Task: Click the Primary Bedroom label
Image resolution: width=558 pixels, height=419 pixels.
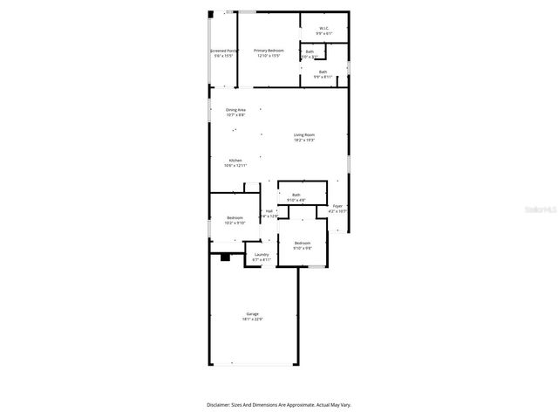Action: (x=269, y=51)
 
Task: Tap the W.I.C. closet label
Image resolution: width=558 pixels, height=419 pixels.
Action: (x=323, y=28)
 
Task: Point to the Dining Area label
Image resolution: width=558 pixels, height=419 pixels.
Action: (x=235, y=110)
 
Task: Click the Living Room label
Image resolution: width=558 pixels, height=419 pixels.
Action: (x=303, y=134)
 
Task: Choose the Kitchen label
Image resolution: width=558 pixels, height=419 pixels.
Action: (x=235, y=161)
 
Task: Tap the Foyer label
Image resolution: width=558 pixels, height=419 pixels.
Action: (x=337, y=206)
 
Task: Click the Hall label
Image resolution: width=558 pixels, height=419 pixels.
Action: (x=269, y=210)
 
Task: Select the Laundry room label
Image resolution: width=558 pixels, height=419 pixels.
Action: (x=262, y=254)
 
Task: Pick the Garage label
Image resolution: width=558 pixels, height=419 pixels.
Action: (x=252, y=313)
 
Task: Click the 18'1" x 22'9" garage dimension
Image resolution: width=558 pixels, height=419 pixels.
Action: (x=252, y=319)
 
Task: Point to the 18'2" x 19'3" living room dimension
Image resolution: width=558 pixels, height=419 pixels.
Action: (x=303, y=140)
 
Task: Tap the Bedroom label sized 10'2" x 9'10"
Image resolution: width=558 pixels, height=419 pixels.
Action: (x=235, y=217)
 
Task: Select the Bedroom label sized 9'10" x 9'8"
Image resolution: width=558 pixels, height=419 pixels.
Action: (x=303, y=242)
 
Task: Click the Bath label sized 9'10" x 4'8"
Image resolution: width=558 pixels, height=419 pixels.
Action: (x=296, y=195)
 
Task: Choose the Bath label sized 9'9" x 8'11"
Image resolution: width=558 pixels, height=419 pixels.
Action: (x=323, y=72)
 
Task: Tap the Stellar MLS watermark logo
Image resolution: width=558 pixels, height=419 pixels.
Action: (x=542, y=210)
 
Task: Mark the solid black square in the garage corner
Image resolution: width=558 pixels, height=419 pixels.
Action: (x=225, y=257)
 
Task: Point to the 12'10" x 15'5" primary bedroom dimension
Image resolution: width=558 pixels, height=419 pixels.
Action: (x=269, y=56)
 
